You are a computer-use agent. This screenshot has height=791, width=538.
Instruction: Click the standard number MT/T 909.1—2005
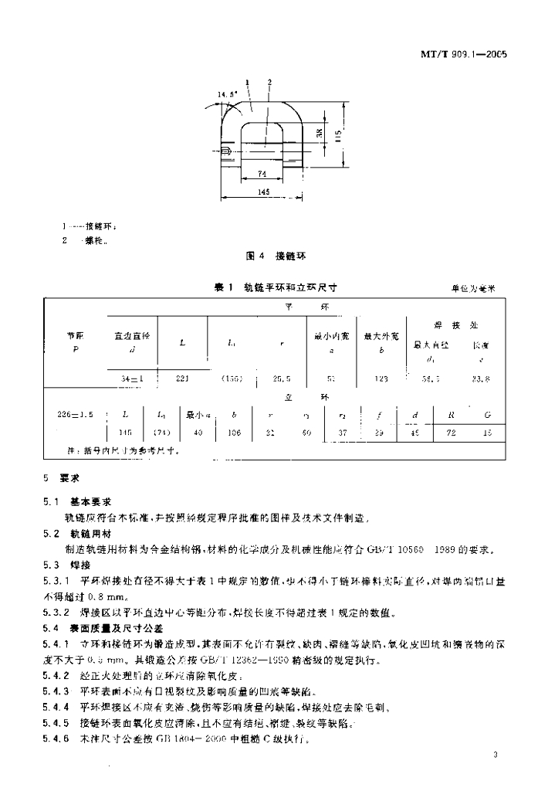click(x=456, y=56)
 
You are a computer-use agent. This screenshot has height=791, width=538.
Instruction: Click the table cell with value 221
click(x=182, y=379)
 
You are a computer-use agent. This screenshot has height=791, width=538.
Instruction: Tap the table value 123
click(x=380, y=379)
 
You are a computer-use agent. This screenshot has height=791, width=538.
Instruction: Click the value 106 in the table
click(x=234, y=433)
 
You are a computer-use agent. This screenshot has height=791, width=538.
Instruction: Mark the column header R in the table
click(x=452, y=414)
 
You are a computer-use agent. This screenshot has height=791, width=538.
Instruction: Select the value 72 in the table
click(x=452, y=433)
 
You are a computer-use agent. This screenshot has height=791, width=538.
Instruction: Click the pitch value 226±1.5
click(x=76, y=414)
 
